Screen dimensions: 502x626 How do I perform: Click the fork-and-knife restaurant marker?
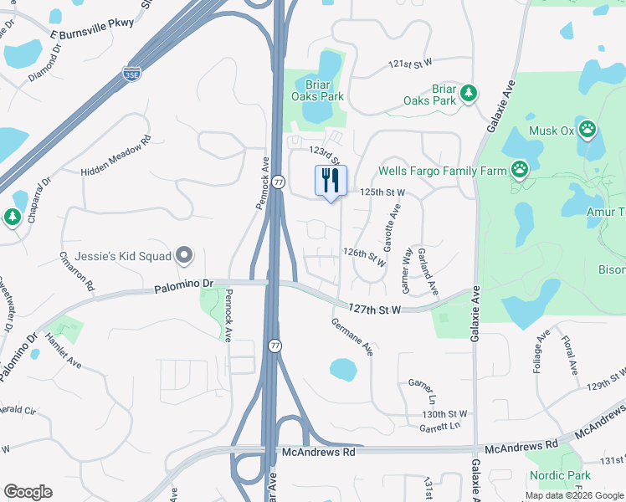click(331, 181)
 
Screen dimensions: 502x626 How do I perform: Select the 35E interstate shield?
click(131, 74)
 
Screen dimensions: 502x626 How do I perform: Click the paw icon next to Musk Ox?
click(588, 130)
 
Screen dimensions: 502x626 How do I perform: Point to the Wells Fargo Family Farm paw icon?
click(521, 171)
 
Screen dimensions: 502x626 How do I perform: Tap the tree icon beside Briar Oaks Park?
click(469, 91)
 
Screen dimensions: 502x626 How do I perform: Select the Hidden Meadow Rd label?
click(115, 156)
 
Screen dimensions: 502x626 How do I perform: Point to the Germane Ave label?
click(351, 336)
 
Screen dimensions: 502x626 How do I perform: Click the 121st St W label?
click(409, 64)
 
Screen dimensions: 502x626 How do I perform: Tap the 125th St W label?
click(382, 192)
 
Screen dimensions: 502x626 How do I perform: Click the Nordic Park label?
click(560, 476)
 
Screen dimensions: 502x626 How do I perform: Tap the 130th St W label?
click(445, 413)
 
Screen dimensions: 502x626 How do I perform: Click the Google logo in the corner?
click(28, 492)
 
